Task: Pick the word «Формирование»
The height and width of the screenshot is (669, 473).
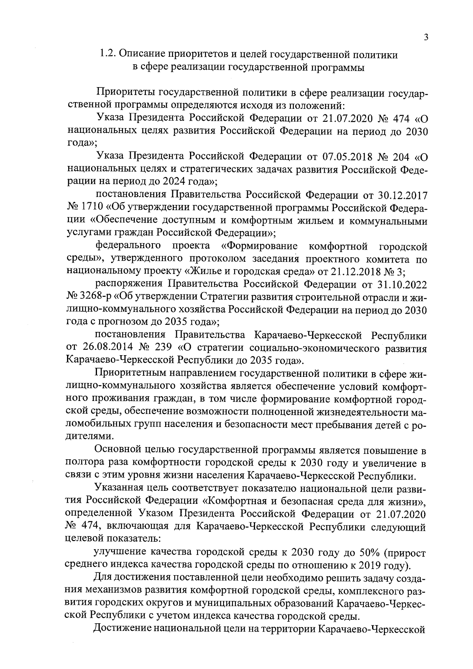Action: point(259,246)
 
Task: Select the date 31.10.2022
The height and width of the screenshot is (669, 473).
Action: point(396,285)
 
